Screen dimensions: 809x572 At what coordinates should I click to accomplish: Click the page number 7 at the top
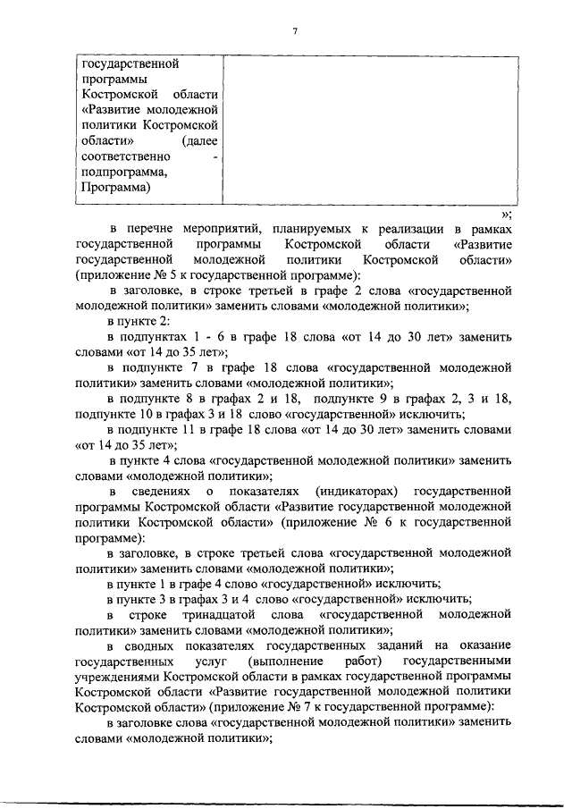pyautogui.click(x=294, y=32)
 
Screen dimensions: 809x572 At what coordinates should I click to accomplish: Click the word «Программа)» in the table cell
pyautogui.click(x=115, y=188)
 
